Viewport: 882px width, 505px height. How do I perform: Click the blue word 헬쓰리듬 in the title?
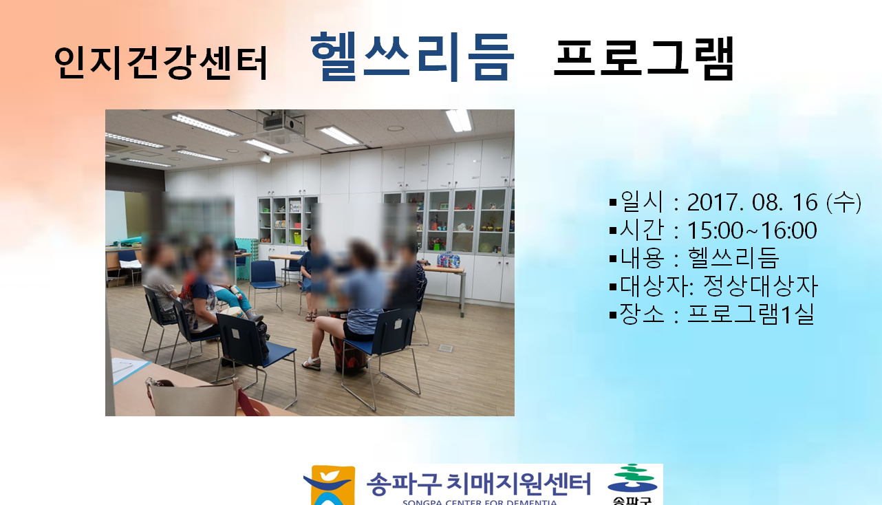click(412, 56)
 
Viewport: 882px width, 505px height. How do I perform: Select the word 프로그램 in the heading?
click(643, 58)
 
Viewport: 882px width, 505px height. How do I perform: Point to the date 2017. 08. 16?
click(753, 203)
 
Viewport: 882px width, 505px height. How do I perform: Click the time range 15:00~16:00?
click(752, 230)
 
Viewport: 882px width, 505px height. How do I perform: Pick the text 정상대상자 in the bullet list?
click(760, 286)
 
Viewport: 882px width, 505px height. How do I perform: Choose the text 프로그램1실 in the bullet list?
click(751, 314)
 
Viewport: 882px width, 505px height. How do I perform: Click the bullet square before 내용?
click(613, 259)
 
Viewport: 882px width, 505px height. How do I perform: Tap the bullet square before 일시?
click(613, 203)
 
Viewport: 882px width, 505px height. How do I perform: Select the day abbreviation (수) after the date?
click(843, 203)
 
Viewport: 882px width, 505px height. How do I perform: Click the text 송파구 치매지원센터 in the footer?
click(479, 484)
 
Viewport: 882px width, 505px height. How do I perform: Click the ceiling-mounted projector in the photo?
click(283, 123)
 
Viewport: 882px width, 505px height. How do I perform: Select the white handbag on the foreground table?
click(193, 396)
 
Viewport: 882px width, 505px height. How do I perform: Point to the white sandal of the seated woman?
click(312, 363)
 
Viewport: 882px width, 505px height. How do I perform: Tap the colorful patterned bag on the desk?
click(448, 260)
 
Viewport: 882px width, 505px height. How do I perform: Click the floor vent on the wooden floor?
click(446, 348)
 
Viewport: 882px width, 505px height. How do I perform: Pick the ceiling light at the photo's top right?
click(459, 120)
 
